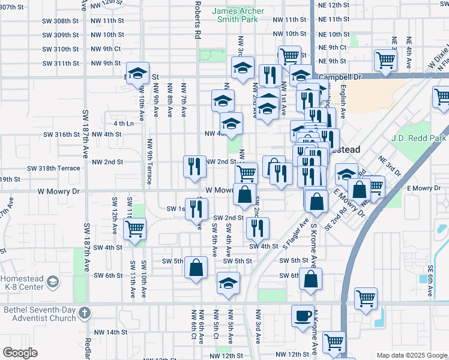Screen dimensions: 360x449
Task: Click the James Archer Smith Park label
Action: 235,15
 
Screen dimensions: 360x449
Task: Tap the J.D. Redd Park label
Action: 418,139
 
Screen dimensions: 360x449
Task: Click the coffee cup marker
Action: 303,316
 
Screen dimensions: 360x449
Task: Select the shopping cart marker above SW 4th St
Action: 134,228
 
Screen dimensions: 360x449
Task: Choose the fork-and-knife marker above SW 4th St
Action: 258,227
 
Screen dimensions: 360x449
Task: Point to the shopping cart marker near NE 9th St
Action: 385,59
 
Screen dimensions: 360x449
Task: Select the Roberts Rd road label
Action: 197,20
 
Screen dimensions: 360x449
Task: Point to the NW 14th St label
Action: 107,332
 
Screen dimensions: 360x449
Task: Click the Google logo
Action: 20,353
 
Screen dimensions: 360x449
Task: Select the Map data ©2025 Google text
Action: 411,355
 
